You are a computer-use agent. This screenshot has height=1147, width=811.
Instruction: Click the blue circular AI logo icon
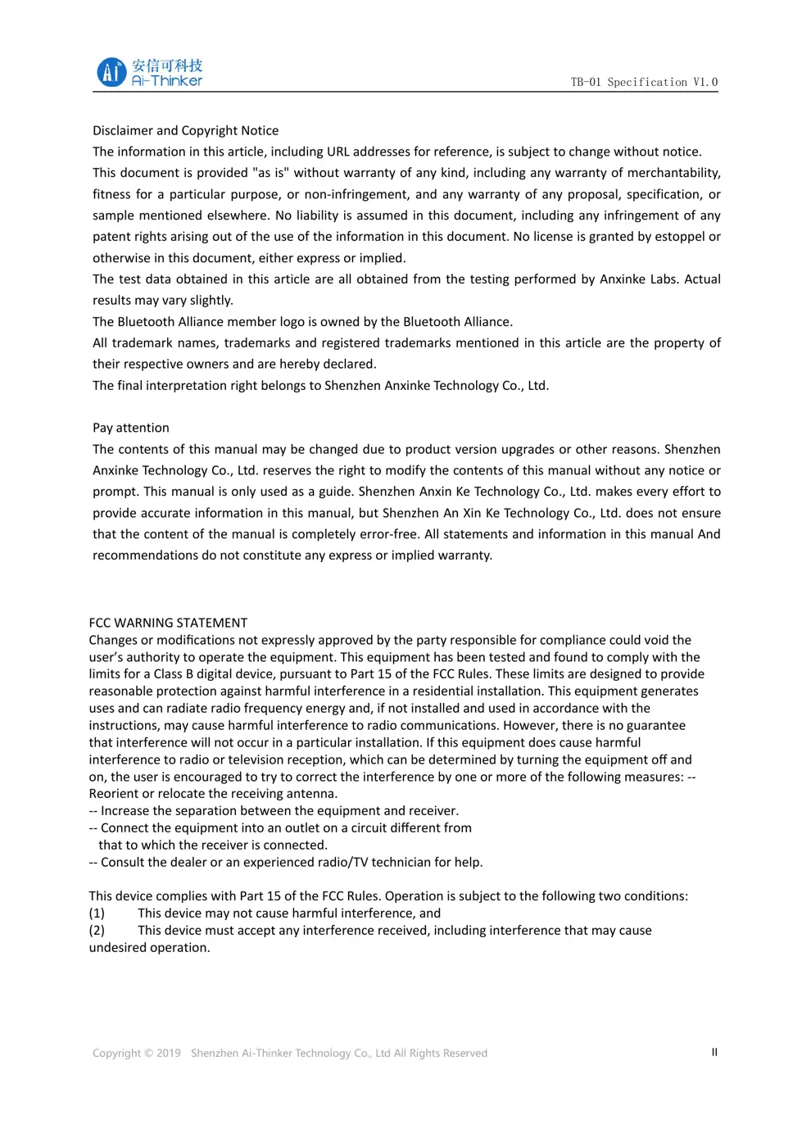coord(111,72)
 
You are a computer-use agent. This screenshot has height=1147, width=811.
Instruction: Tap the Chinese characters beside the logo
coord(167,66)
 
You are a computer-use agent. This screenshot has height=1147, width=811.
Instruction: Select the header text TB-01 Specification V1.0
coord(644,82)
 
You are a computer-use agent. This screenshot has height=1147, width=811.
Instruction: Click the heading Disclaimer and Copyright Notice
coord(185,130)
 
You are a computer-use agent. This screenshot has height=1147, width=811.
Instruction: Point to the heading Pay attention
coord(131,428)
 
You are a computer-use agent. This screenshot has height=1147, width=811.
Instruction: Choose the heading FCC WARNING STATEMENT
coord(168,623)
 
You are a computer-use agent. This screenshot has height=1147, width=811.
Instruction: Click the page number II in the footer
coord(714,1052)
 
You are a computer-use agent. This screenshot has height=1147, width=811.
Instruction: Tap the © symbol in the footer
coord(148,1054)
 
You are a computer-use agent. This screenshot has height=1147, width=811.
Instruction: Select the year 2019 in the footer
coord(169,1054)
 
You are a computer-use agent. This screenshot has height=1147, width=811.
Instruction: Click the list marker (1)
coord(97,914)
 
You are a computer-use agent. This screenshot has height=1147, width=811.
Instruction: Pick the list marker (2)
coord(97,931)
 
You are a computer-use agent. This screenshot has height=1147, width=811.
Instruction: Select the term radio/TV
coord(336,862)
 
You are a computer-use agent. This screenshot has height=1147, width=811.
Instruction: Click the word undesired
coord(116,948)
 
